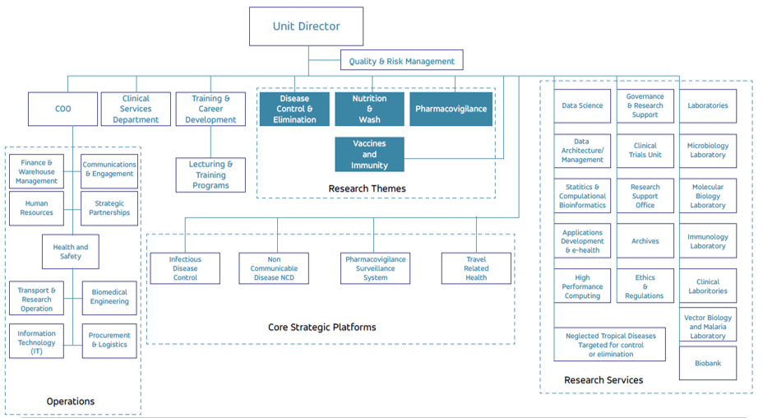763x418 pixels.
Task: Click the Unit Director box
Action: [306, 26]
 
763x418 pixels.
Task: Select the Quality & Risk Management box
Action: [401, 61]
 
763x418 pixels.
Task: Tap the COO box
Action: [62, 109]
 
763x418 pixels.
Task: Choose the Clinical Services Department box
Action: [136, 109]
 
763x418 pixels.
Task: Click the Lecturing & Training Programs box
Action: [210, 174]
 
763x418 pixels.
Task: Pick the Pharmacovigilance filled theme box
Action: [451, 109]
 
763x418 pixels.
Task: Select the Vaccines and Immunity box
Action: [369, 154]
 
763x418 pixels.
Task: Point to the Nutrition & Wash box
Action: [369, 109]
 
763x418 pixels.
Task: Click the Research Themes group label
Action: [367, 188]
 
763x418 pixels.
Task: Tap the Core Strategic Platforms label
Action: [321, 327]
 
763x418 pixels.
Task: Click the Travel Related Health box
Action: [475, 268]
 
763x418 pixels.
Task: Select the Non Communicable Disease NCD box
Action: [274, 268]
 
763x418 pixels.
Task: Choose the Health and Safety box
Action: [71, 252]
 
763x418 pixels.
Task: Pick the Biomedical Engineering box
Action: [109, 297]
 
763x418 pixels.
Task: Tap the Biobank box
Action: [707, 363]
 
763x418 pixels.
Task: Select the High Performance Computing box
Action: [582, 286]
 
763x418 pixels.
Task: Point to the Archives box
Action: [645, 241]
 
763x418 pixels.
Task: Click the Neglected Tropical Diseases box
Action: [609, 345]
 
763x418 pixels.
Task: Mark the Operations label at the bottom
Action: [71, 402]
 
